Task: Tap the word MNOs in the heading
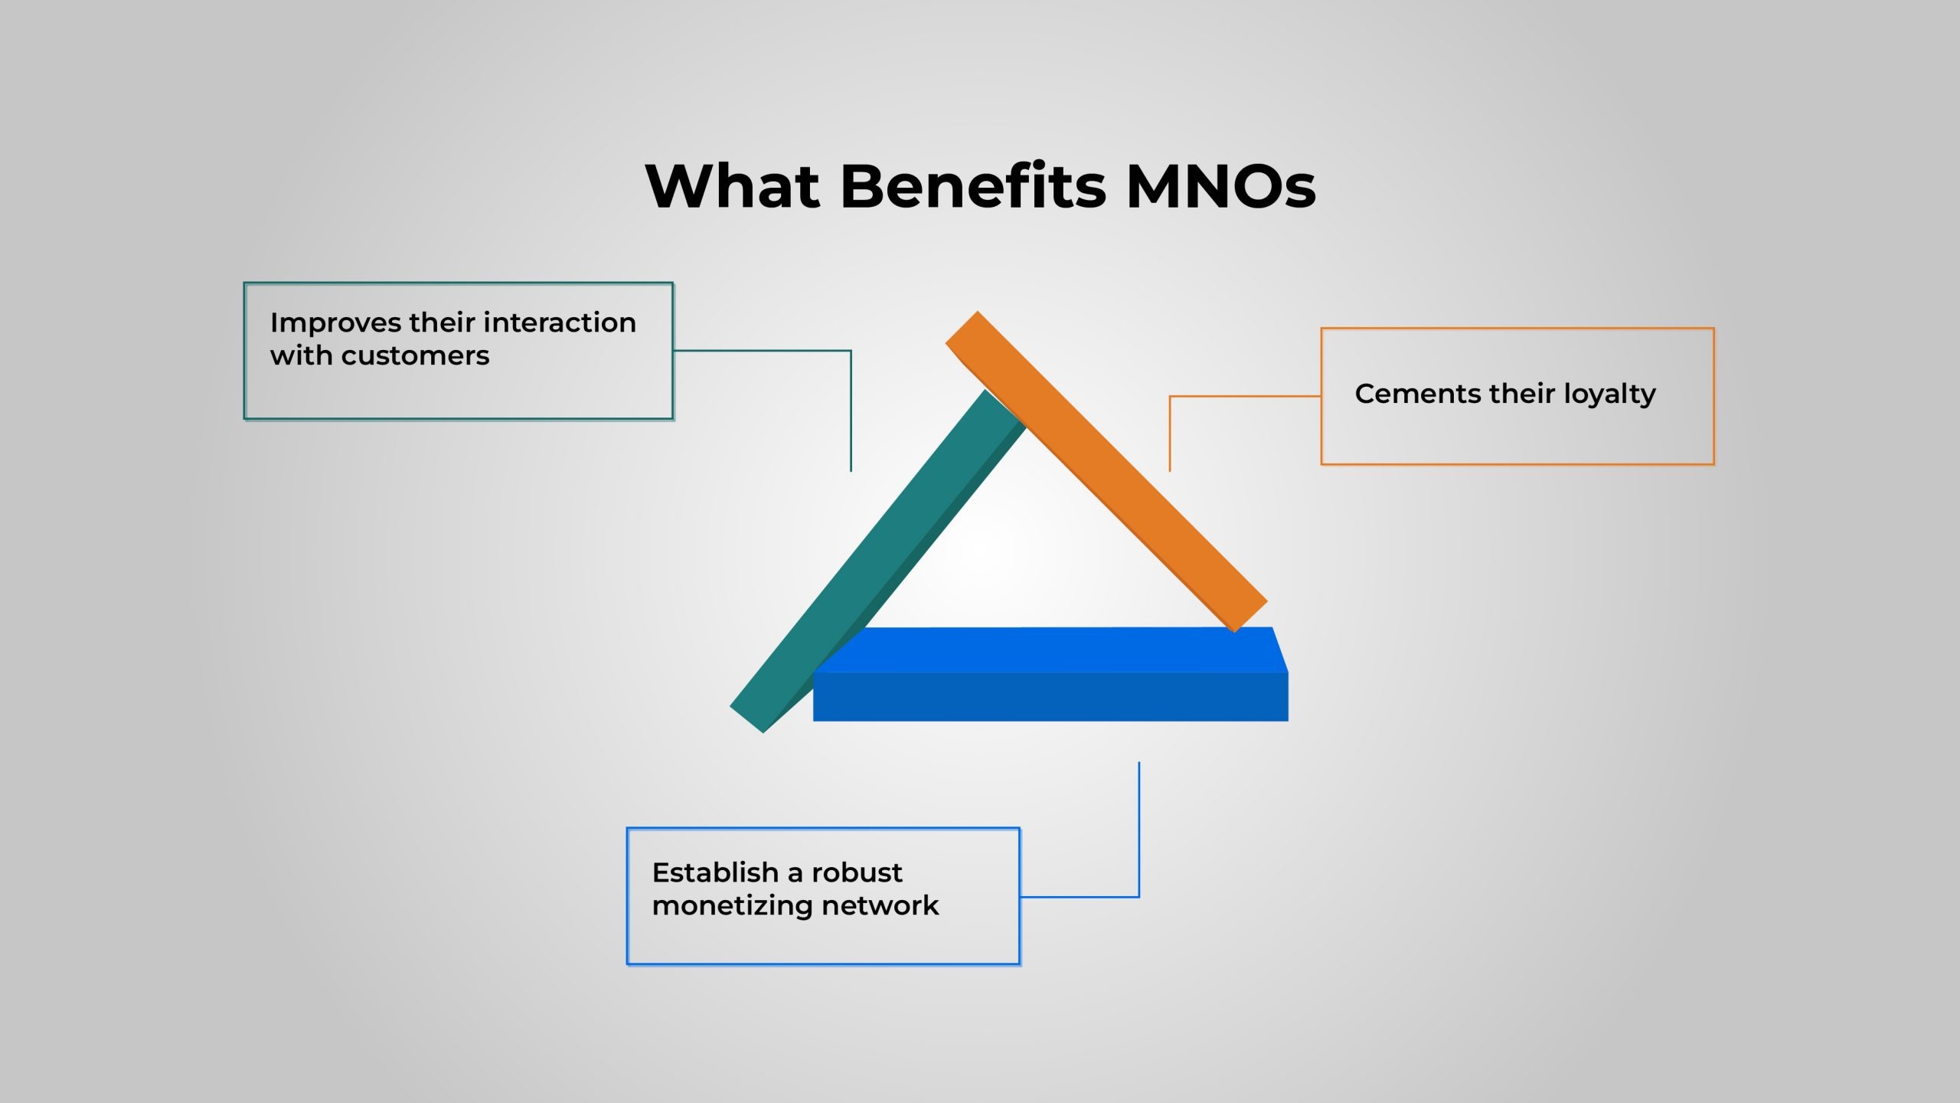coord(1221,186)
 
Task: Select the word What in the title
coord(733,186)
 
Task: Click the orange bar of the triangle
coord(1106,472)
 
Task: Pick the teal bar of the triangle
coord(877,561)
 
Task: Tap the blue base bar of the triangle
coord(1050,674)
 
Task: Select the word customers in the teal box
coord(415,356)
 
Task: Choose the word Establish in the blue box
coord(715,872)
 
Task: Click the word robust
coord(857,872)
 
